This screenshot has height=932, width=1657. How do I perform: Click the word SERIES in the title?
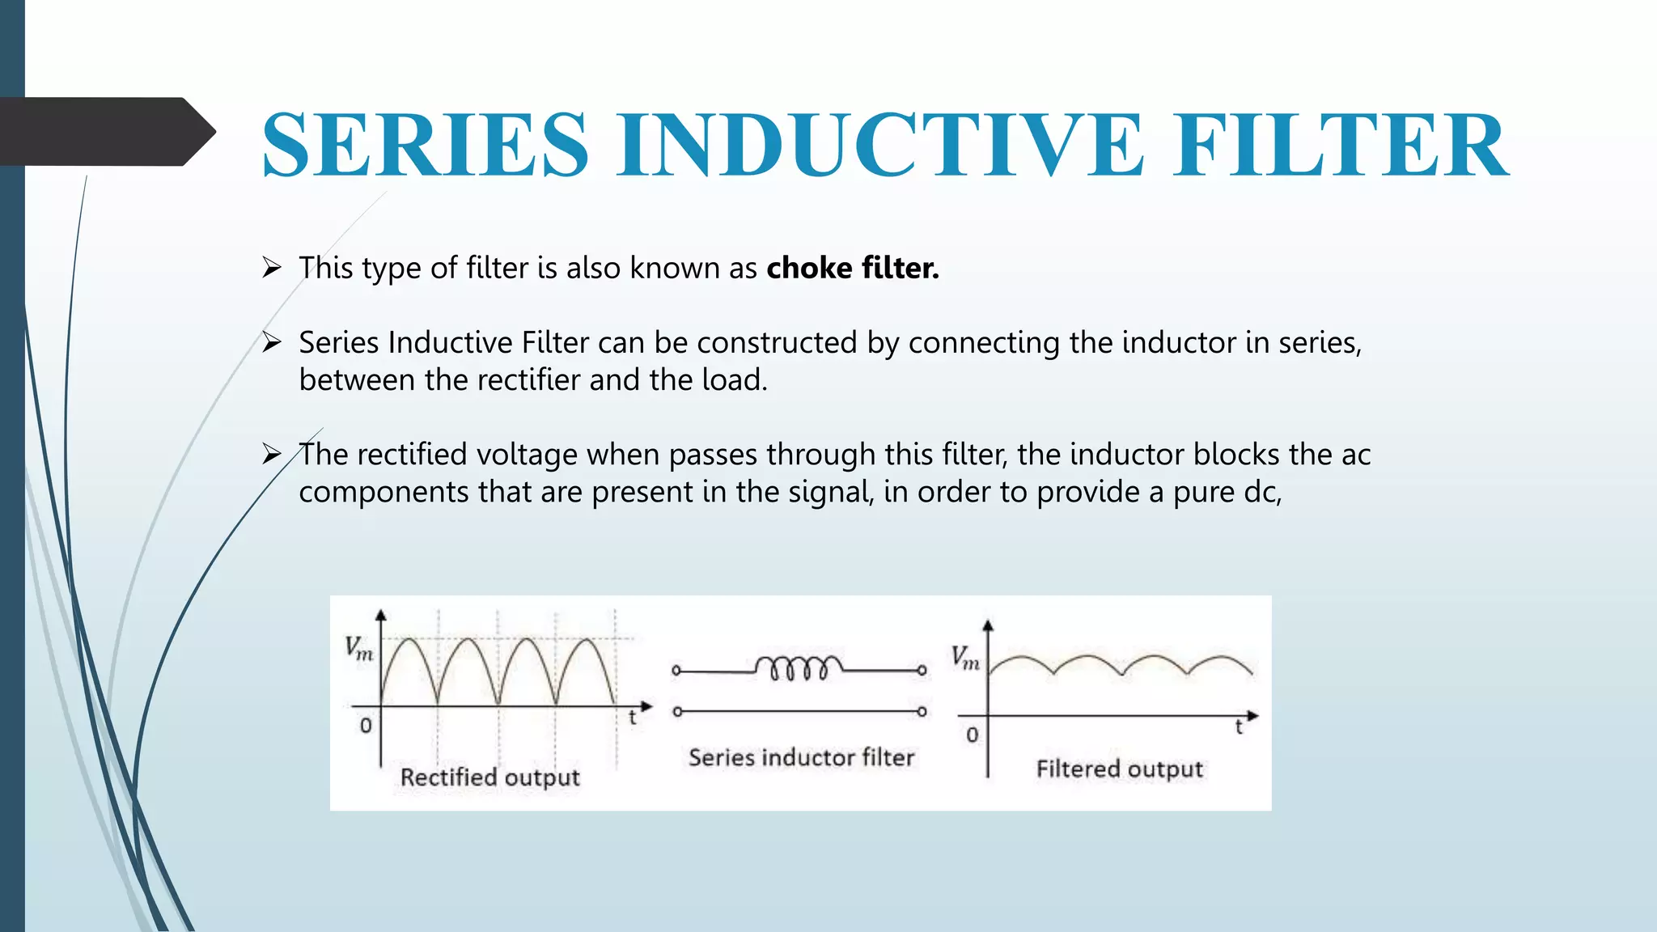tap(425, 146)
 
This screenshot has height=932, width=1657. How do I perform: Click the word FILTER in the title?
tap(1341, 146)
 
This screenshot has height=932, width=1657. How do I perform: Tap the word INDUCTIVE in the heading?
tap(880, 146)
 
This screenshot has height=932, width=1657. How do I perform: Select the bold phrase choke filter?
tap(853, 268)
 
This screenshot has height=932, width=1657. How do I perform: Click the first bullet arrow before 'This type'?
tap(271, 267)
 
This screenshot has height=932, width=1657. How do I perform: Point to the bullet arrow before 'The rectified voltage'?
tap(271, 454)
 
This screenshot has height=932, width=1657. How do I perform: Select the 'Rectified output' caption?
tap(489, 777)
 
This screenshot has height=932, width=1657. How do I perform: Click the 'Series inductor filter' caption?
tap(801, 757)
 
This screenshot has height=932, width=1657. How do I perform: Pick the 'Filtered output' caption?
tap(1119, 769)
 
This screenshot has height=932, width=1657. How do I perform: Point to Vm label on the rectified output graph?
tap(358, 648)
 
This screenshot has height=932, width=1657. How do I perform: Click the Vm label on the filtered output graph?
tap(965, 658)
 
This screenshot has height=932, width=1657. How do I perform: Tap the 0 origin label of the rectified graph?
tap(366, 726)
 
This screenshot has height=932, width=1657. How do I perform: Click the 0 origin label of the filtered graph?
tap(972, 735)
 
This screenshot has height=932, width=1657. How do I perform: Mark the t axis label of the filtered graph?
tap(1238, 728)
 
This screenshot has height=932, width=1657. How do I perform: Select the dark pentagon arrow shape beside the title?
tap(105, 132)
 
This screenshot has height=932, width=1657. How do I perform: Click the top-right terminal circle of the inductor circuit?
tap(922, 671)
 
